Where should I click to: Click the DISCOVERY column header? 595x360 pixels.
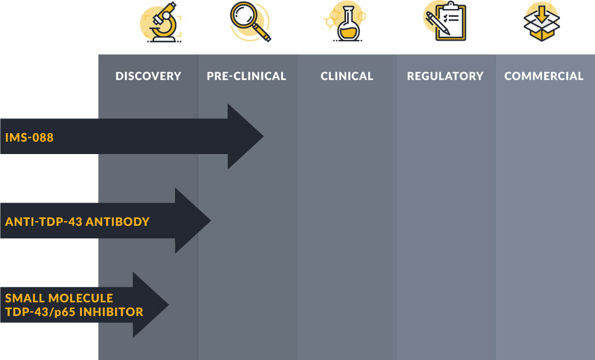pos(148,76)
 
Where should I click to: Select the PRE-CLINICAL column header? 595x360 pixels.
pos(246,76)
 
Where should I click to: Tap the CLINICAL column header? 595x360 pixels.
pos(347,76)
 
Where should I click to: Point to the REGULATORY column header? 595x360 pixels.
pos(445,76)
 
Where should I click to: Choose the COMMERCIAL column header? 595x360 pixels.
pos(544,76)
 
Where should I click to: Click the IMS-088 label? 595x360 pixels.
pos(29,137)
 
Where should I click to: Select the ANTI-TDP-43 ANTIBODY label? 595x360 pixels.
pos(77,222)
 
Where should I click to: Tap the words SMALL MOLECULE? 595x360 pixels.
pos(59,298)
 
